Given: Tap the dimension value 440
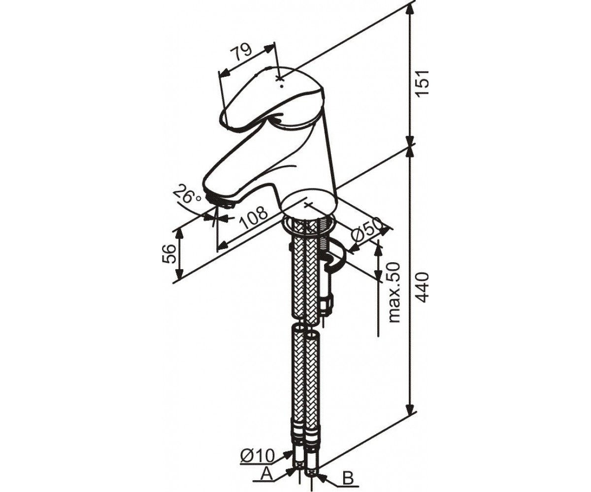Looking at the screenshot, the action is click(423, 287).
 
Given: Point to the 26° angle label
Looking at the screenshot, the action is click(187, 195).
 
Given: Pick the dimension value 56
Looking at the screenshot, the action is click(170, 254).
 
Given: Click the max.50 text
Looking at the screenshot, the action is click(394, 292).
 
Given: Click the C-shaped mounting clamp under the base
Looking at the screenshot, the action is click(337, 258).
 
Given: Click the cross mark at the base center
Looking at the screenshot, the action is click(308, 205).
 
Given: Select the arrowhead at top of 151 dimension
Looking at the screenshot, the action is click(410, 10).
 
